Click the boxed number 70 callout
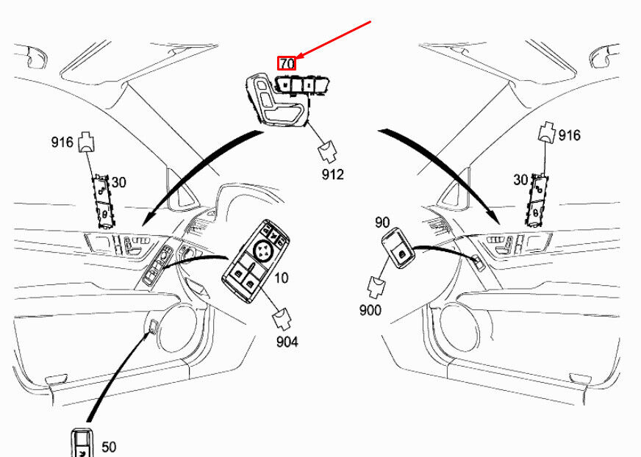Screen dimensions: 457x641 coord(287,64)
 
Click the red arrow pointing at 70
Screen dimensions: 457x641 coord(334,40)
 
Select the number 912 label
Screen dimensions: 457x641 coord(332,175)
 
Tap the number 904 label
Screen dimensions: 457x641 coord(287,342)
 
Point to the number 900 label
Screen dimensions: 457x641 coord(370,310)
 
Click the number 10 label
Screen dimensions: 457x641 coord(282,278)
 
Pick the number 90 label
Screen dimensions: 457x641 coord(382,222)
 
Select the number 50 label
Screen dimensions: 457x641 coord(108,446)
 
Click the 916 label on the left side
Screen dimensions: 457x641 coord(62,142)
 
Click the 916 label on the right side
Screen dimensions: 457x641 coord(569,135)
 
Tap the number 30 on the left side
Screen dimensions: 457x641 coord(118,181)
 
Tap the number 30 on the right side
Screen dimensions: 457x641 coord(520,179)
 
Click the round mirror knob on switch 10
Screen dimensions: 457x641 coord(262,253)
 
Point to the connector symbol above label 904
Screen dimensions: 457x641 coord(281,319)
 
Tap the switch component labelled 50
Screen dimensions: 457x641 coord(82,444)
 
